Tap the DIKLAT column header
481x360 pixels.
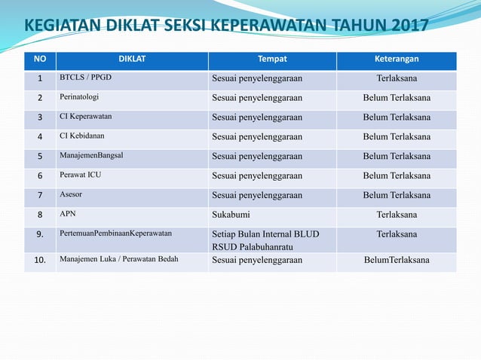pyautogui.click(x=132, y=59)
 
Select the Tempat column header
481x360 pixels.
pyautogui.click(x=272, y=59)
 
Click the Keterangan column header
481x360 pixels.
pyautogui.click(x=397, y=59)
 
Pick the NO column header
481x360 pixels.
pyautogui.click(x=40, y=59)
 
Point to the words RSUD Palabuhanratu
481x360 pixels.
pyautogui.click(x=252, y=246)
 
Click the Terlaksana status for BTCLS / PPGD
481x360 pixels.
pyautogui.click(x=397, y=78)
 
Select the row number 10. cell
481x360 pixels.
pyautogui.click(x=40, y=261)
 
